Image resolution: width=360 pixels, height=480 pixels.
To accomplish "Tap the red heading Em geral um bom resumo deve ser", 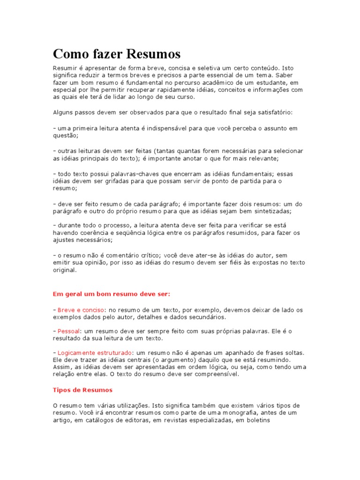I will click(x=111, y=294).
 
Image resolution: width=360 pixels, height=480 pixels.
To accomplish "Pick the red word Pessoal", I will click(x=68, y=331).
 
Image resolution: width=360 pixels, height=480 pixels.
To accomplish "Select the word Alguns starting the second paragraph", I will click(x=63, y=112).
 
